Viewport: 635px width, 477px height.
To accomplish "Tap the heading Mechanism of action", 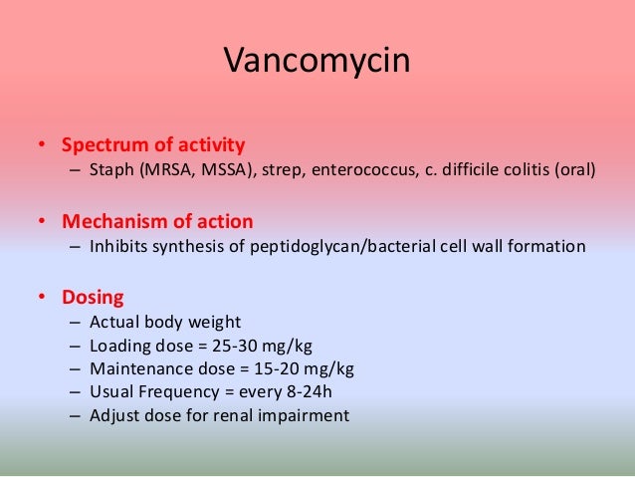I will coord(157,220).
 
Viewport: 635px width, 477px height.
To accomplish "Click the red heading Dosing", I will coord(94,297).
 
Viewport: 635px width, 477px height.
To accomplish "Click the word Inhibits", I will coord(120,246).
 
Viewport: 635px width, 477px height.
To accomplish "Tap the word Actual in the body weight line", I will coord(113,323).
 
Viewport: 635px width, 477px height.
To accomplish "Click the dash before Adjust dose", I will coord(76,415).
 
